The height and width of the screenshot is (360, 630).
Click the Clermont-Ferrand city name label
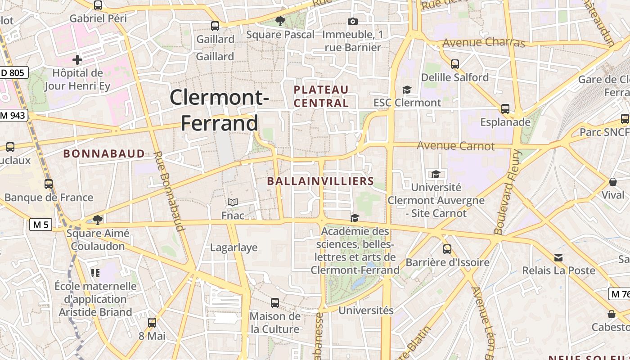coord(220,110)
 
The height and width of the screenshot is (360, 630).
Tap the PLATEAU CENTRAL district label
coord(321,96)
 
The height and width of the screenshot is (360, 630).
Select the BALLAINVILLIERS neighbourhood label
coord(320,181)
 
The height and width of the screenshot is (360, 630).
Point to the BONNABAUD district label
coord(104,153)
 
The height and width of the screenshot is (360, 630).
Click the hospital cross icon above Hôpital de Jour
coord(77,59)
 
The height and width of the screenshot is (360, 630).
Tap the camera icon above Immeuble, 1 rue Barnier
coord(353,21)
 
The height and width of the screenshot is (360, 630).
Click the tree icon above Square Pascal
coord(280,21)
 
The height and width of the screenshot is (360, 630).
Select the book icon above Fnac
coord(232,202)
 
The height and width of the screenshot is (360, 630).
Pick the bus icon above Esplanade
coord(505,109)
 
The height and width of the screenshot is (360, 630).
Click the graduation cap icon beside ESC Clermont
coord(407,90)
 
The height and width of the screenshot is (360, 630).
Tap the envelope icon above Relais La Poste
coord(558,258)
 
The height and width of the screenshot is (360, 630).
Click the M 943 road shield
coord(13,116)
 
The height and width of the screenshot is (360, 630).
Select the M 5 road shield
coord(40,224)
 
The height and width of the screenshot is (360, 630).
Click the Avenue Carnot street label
coord(455,146)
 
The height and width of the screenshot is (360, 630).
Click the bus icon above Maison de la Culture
coord(275,303)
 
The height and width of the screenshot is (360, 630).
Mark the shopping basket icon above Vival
coord(613,182)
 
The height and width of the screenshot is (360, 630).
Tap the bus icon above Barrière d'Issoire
coord(447,249)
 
